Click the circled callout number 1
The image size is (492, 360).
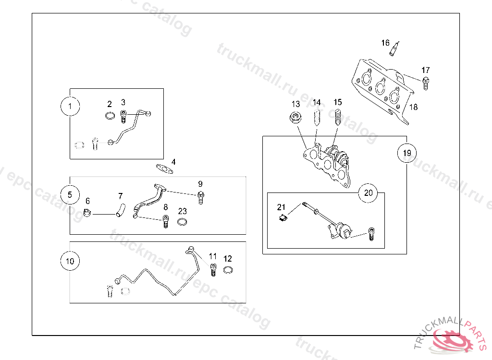71,107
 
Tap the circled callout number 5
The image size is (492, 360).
70,194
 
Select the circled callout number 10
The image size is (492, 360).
70,261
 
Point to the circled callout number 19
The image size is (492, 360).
406,154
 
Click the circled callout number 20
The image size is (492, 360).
368,193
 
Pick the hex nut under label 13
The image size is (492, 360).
295,118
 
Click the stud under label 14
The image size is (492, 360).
316,118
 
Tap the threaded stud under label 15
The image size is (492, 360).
337,117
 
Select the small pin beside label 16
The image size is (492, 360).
395,48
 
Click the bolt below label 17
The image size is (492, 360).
426,82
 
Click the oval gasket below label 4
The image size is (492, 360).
164,168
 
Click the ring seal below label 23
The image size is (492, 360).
183,222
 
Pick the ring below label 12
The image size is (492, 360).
228,270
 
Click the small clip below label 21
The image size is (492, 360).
283,218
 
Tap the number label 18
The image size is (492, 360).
413,107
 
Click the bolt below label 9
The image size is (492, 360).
201,196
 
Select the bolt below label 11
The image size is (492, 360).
213,269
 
